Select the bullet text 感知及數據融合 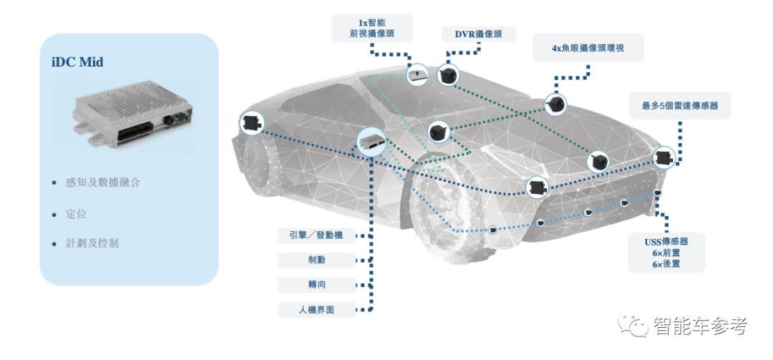(x=102, y=183)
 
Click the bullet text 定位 (x=76, y=213)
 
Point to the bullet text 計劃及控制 (x=92, y=243)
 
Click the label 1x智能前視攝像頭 (x=373, y=27)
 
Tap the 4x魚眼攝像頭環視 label (x=589, y=48)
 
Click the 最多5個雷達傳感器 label (x=680, y=105)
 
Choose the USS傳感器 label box (x=666, y=252)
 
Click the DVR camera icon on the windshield (x=449, y=75)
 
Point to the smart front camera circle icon (x=417, y=74)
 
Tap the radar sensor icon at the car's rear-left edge (x=251, y=123)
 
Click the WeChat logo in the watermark (x=633, y=326)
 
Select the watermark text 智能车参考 (x=700, y=326)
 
